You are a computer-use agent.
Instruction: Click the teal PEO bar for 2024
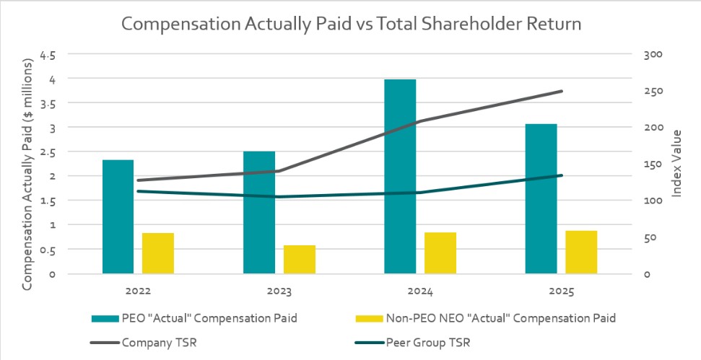click(x=400, y=177)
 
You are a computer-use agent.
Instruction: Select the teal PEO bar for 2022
click(x=118, y=216)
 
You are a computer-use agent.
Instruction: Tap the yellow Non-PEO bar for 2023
click(x=299, y=260)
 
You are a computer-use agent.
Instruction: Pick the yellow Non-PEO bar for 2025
click(x=581, y=253)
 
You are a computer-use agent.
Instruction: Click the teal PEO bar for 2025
click(x=541, y=199)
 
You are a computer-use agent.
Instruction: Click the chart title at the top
click(x=351, y=23)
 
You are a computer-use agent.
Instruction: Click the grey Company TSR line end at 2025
click(x=561, y=92)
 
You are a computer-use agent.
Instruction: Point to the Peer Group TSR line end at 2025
click(x=561, y=175)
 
